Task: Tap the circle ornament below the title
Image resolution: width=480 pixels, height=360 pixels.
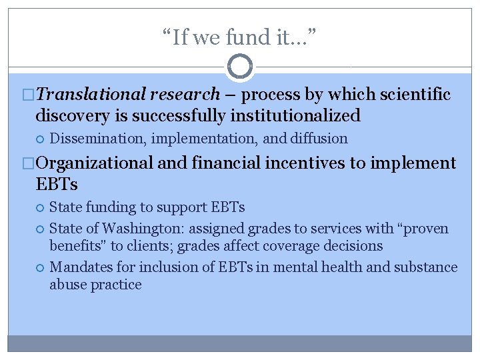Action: tap(240, 67)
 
